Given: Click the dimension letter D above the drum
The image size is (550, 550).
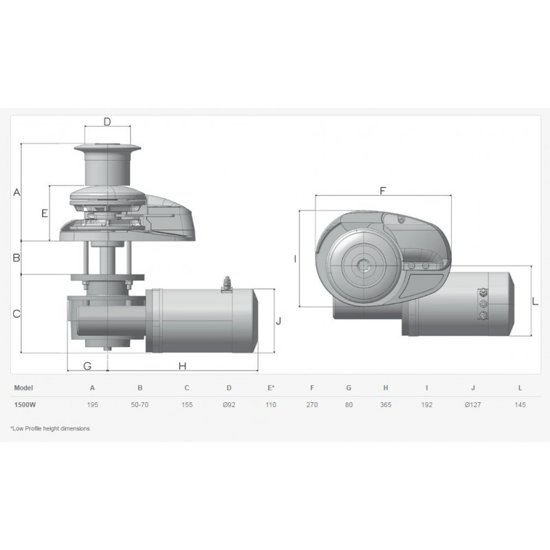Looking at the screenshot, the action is (107, 122).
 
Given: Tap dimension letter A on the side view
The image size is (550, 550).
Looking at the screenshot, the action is (16, 192).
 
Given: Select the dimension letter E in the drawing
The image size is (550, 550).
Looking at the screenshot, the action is (45, 213).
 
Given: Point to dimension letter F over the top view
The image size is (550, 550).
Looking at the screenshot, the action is (383, 191).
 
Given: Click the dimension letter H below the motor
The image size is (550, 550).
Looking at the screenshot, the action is (182, 366).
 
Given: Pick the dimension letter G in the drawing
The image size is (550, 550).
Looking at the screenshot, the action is (87, 366).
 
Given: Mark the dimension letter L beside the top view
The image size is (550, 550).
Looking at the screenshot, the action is (535, 301).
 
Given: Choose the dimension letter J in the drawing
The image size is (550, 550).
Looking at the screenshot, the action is (278, 321).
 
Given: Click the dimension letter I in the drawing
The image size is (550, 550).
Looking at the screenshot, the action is (295, 259).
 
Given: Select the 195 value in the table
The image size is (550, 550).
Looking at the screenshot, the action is (93, 405).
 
